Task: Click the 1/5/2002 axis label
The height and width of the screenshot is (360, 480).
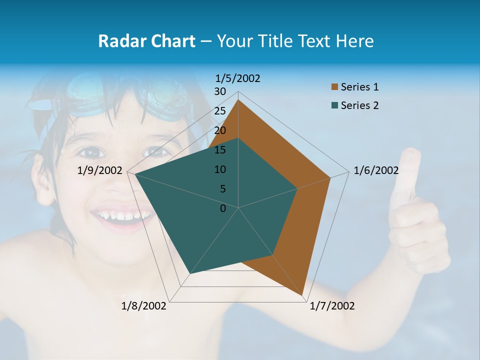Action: pyautogui.click(x=238, y=78)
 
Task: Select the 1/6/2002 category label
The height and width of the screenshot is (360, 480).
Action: pyautogui.click(x=376, y=170)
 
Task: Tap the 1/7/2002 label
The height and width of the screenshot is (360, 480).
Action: pyautogui.click(x=332, y=306)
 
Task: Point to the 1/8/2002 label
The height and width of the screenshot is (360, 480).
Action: pyautogui.click(x=144, y=306)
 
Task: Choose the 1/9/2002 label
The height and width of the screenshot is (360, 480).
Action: pyautogui.click(x=100, y=170)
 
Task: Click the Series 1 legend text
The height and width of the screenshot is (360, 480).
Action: pyautogui.click(x=359, y=87)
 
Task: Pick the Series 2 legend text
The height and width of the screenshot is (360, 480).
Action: pyautogui.click(x=359, y=105)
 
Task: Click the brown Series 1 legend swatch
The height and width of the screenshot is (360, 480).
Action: pyautogui.click(x=335, y=87)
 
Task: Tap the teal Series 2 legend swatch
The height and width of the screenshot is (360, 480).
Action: pyautogui.click(x=335, y=105)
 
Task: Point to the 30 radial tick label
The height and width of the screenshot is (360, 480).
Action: pyautogui.click(x=220, y=91)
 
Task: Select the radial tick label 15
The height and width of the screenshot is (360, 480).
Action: pyautogui.click(x=220, y=150)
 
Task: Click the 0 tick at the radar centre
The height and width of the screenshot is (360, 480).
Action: pyautogui.click(x=223, y=208)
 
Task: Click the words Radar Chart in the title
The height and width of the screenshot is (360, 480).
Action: pyautogui.click(x=146, y=41)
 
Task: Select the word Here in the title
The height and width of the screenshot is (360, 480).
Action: pyautogui.click(x=354, y=41)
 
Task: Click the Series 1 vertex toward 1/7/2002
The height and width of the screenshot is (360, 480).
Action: pyautogui.click(x=303, y=296)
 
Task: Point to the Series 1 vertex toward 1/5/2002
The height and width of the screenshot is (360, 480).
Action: pyautogui.click(x=238, y=100)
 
